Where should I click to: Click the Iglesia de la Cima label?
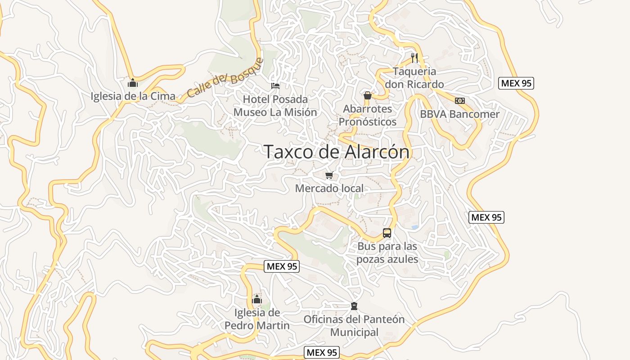tap(133, 96)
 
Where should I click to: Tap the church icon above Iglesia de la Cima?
tap(133, 83)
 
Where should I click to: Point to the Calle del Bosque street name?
tap(225, 78)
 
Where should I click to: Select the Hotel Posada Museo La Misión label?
tap(275, 106)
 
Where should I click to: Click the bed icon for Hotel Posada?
tap(275, 85)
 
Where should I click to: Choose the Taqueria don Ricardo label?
tap(414, 78)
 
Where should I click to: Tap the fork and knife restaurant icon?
tap(414, 58)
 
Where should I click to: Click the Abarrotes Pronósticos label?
tap(368, 115)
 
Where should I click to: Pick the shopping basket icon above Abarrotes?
tap(368, 95)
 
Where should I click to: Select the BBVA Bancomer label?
tap(459, 114)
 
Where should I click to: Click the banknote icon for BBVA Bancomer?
tap(459, 101)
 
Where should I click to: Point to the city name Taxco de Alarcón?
tap(337, 152)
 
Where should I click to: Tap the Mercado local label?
tap(329, 188)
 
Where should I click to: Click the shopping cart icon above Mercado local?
tap(329, 175)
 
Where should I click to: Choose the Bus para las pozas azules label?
tap(387, 253)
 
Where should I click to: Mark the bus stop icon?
tap(387, 233)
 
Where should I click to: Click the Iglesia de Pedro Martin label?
tap(257, 319)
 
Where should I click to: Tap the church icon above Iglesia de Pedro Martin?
tap(257, 299)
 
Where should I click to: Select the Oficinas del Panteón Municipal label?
tap(354, 326)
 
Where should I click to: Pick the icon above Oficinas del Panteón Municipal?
tap(354, 306)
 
